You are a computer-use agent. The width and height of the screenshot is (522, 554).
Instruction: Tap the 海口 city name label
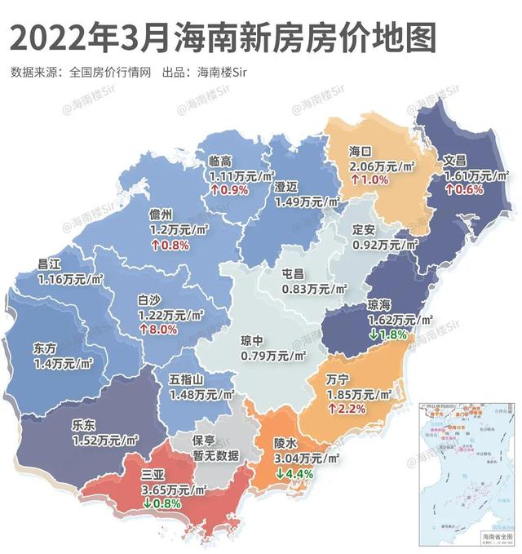(361, 151)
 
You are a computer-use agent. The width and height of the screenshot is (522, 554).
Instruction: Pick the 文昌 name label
(454, 161)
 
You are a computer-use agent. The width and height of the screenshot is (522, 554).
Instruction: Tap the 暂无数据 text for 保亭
(216, 456)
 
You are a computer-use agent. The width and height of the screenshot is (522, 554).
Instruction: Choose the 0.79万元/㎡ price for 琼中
(273, 355)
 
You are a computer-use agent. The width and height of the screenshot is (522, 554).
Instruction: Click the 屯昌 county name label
(293, 274)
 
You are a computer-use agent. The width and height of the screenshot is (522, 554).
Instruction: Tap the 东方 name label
(46, 346)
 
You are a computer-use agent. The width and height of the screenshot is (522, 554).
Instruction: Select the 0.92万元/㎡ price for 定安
(385, 243)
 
